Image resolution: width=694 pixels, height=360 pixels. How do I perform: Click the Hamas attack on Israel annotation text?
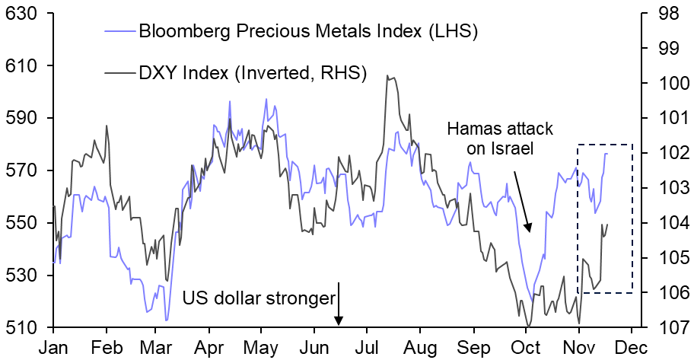click(500, 138)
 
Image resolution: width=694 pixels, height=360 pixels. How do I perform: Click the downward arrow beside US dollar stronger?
click(339, 304)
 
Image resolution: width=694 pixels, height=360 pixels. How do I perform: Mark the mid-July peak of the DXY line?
click(387, 76)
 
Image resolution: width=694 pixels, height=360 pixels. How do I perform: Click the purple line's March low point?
click(167, 320)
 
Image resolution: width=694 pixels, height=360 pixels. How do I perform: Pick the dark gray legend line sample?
click(119, 73)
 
